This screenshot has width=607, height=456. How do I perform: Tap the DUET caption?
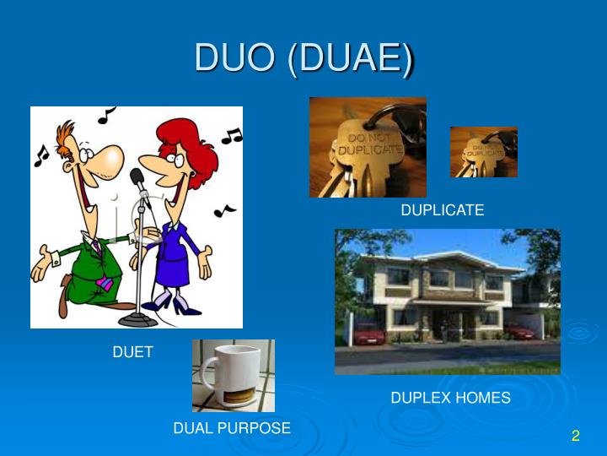click(x=133, y=352)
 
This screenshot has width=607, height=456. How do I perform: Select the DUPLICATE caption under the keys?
click(x=443, y=210)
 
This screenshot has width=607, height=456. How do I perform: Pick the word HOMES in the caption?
click(x=483, y=397)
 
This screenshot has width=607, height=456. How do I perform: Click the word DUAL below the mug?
click(x=193, y=428)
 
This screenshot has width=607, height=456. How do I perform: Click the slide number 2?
click(x=576, y=436)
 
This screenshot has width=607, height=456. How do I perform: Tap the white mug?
click(x=228, y=377)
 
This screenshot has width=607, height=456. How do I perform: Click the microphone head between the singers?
click(x=137, y=178)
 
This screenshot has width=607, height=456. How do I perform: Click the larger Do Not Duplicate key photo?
click(x=368, y=147)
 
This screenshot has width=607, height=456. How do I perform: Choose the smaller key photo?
click(x=483, y=152)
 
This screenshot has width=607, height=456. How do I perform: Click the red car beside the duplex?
click(x=368, y=334)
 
